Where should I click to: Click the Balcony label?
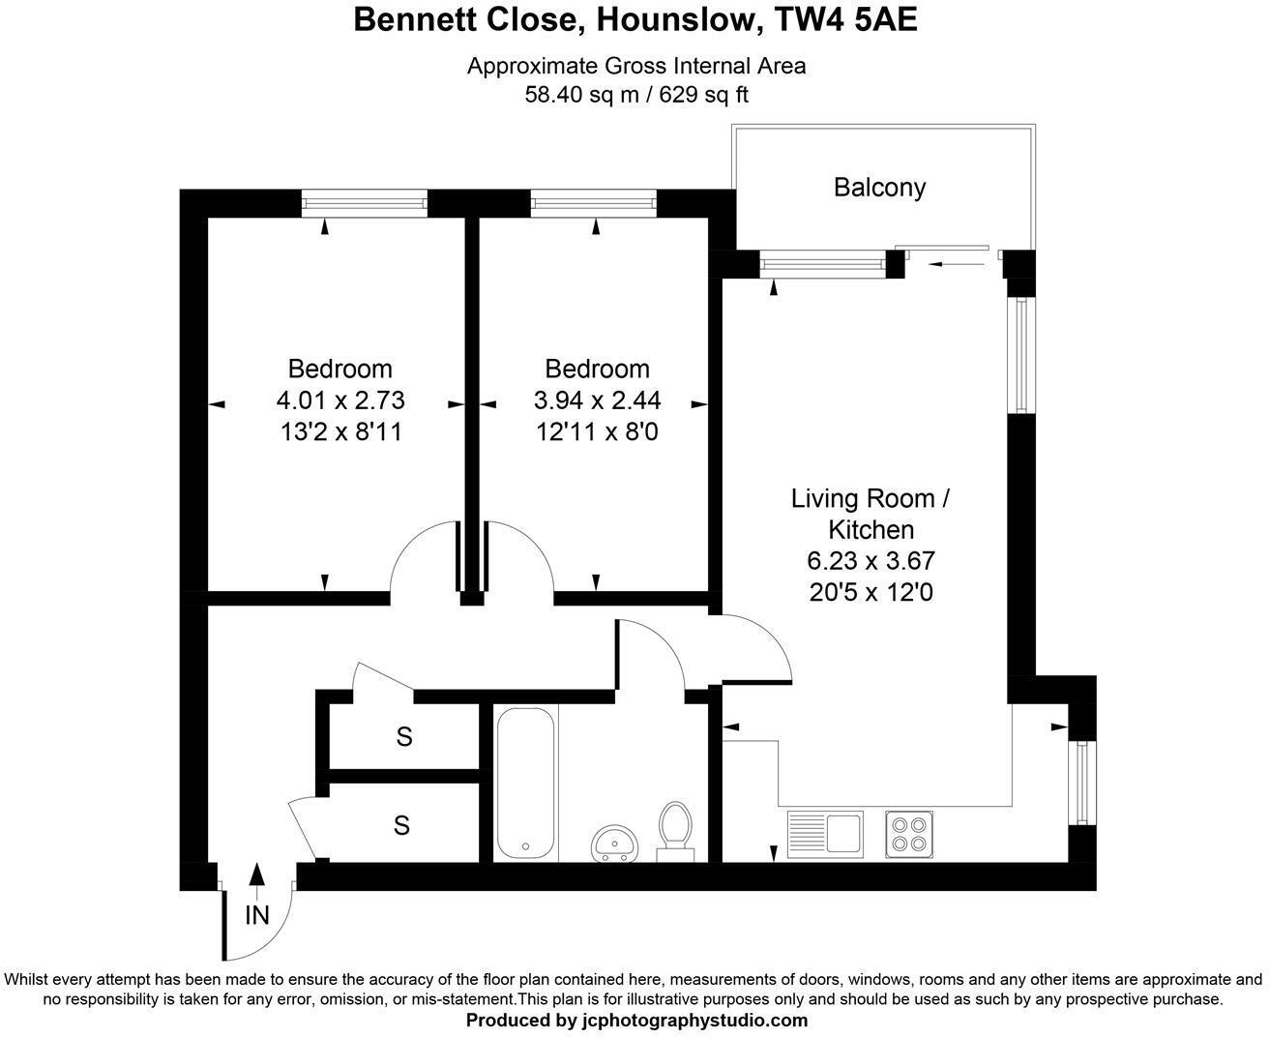879,187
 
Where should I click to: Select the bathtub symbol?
525,782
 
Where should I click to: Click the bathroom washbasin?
613,842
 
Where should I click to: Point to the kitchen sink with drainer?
824,833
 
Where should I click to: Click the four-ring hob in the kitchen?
909,833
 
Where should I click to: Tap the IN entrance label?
256,915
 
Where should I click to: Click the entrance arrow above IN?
256,874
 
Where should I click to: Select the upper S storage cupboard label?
404,737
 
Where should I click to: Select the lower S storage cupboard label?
401,826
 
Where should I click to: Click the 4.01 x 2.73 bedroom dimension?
340,400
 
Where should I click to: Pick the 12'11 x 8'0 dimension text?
597,431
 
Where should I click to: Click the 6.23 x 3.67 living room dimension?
871,561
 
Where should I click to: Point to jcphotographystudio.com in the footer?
694,1021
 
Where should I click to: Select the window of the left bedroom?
364,203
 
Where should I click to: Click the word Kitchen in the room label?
871,530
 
